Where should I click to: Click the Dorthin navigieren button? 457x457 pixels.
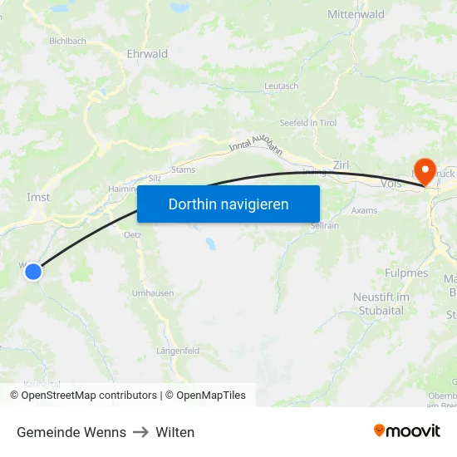click(x=228, y=204)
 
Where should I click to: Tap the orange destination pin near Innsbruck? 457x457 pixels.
click(x=425, y=171)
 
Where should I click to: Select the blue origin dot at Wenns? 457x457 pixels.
click(x=33, y=271)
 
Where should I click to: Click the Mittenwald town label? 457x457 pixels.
click(x=356, y=14)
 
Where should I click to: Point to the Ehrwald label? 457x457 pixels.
click(x=147, y=54)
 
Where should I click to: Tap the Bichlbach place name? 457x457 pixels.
click(x=68, y=40)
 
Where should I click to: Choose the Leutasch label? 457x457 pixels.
click(x=280, y=86)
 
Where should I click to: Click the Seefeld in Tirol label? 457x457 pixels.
click(x=307, y=123)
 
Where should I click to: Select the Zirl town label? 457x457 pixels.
click(x=342, y=164)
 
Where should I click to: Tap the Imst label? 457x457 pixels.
click(x=38, y=198)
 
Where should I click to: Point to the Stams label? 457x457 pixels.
click(x=183, y=170)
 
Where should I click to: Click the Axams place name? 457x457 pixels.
click(x=364, y=210)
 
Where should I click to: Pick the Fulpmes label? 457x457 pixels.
click(x=406, y=273)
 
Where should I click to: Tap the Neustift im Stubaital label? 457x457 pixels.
click(x=381, y=304)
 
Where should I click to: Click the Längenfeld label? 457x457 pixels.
click(x=178, y=351)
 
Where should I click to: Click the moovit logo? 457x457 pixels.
click(x=406, y=431)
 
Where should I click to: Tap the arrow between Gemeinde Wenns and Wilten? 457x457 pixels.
click(x=140, y=432)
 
